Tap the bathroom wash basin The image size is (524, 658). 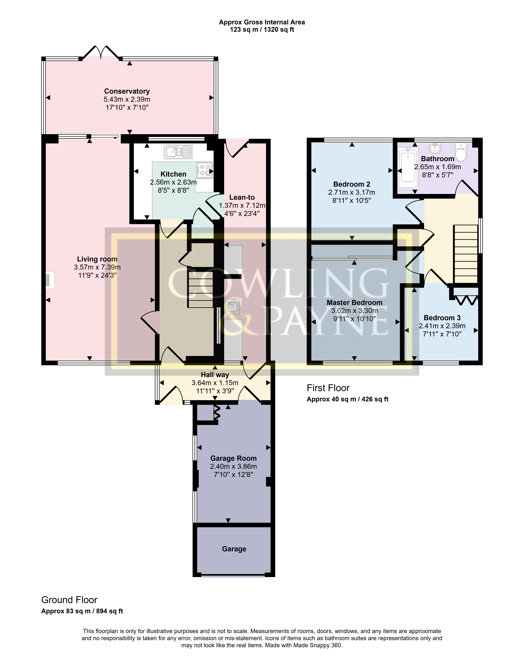[x=435, y=148]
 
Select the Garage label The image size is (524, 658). [x=234, y=549]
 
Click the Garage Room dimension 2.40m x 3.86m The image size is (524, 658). [x=233, y=467]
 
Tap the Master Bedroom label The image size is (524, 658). [x=354, y=303]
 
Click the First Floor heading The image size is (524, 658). [x=328, y=388]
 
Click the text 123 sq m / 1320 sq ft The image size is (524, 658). [x=262, y=30]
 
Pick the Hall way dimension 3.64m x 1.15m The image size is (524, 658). [x=215, y=383]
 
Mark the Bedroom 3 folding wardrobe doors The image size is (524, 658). [x=465, y=300]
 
